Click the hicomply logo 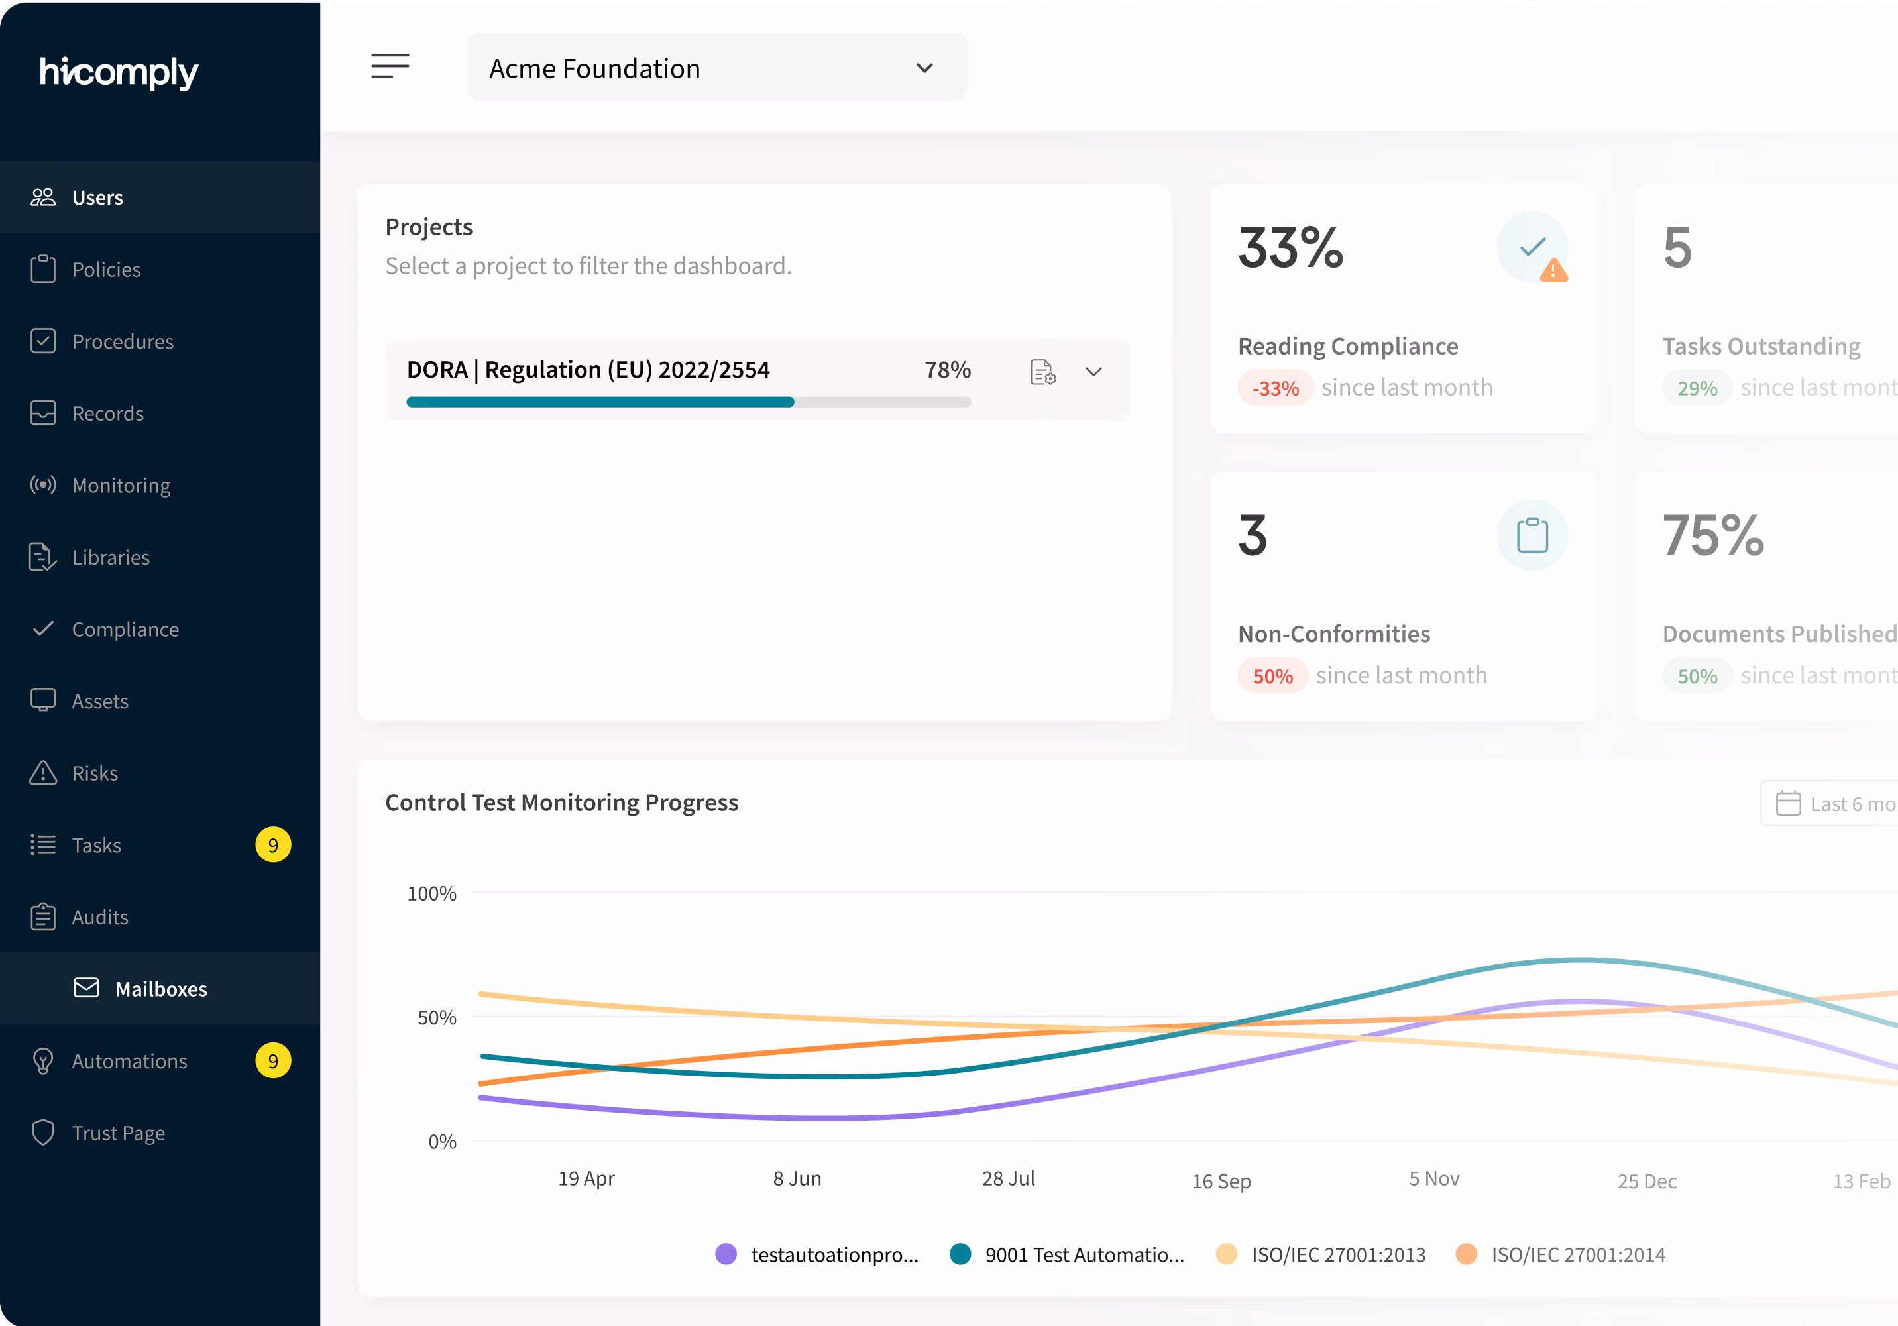(119, 73)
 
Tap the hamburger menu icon (390, 66)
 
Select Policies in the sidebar (106, 270)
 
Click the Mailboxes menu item (160, 989)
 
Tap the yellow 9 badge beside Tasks (273, 845)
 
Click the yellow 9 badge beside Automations (273, 1061)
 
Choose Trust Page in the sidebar (118, 1133)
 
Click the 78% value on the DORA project (948, 370)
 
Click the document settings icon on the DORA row (1042, 372)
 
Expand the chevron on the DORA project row (1093, 372)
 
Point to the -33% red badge (1274, 388)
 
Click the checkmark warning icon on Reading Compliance (1534, 247)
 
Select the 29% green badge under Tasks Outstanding (1697, 388)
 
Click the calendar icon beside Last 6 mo (1788, 804)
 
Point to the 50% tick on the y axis (437, 1018)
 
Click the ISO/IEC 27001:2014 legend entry (1577, 1255)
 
